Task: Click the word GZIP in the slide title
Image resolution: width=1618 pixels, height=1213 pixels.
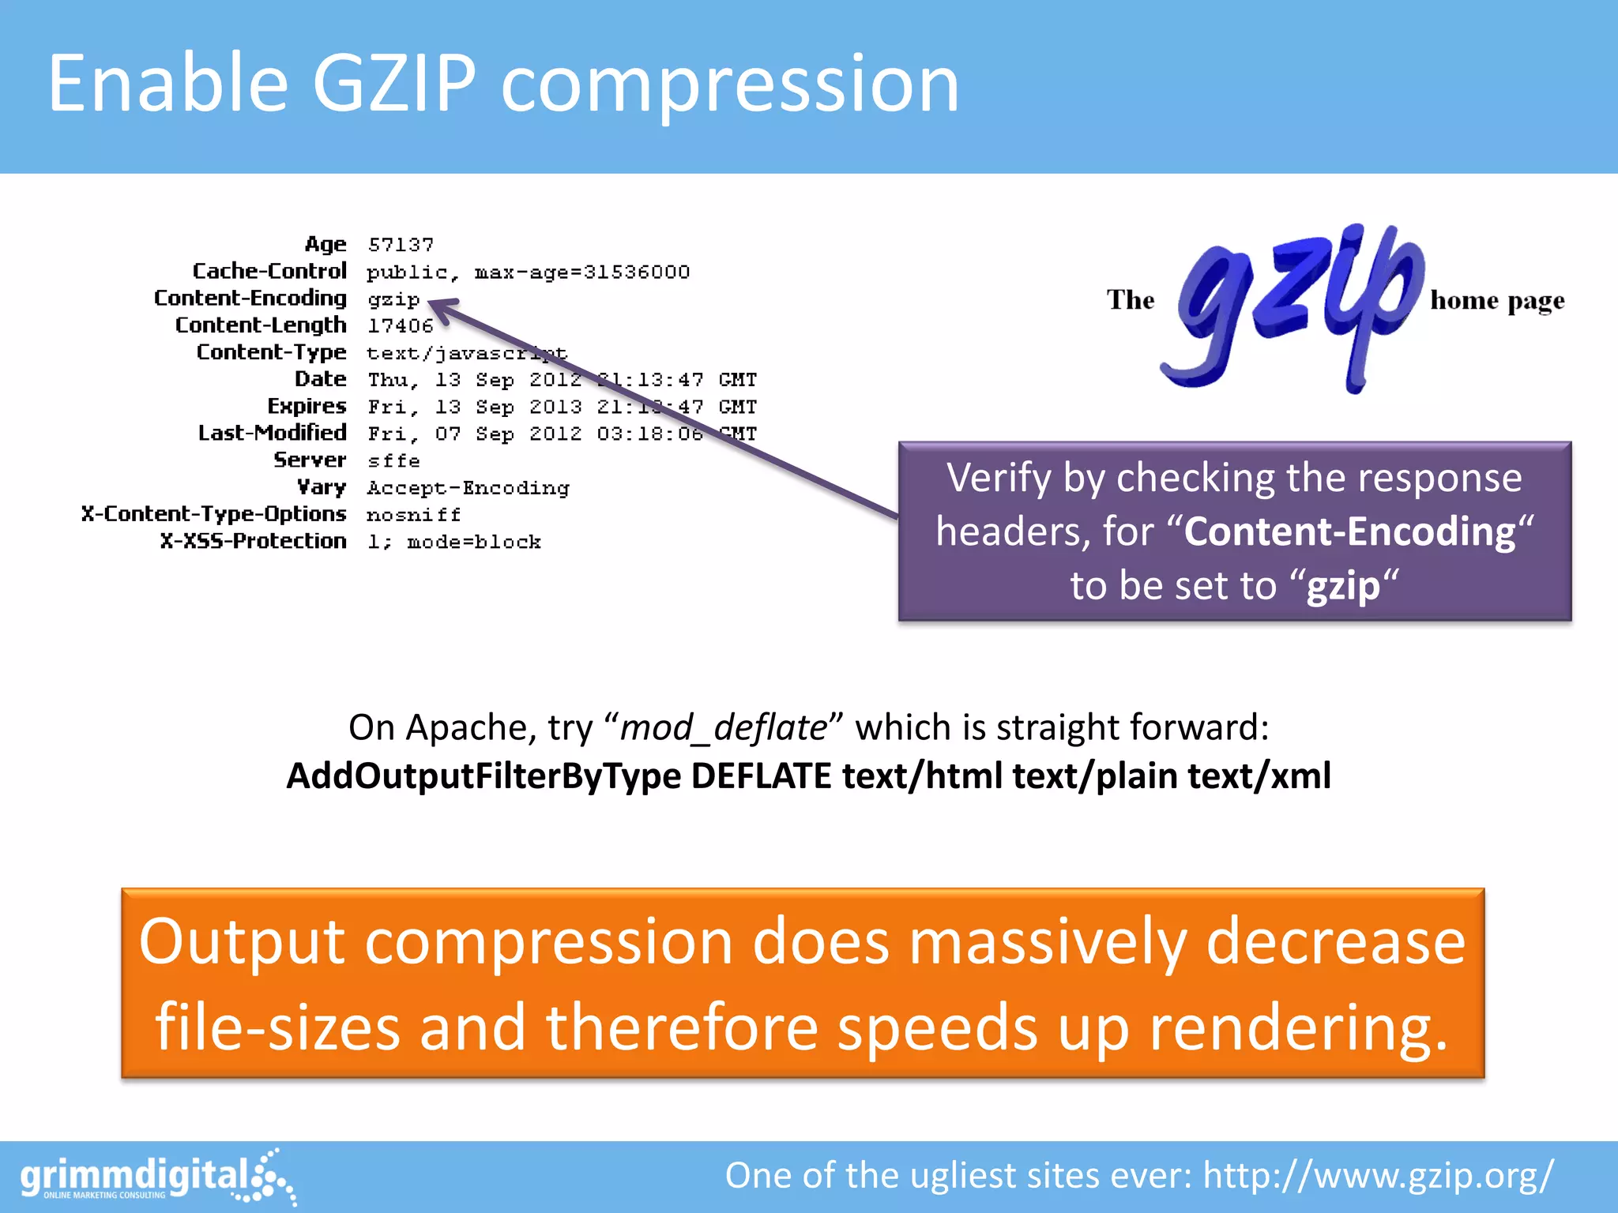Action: [x=393, y=84]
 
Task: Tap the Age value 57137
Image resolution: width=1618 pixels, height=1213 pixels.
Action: [x=401, y=245]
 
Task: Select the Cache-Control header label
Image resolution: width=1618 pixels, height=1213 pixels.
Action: [x=269, y=272]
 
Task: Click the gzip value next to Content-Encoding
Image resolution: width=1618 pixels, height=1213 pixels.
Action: [x=393, y=300]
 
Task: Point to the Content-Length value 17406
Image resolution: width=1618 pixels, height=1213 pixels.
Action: [x=401, y=326]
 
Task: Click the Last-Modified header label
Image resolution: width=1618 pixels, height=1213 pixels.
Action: [x=272, y=433]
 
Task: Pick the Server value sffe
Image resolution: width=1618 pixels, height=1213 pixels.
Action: [x=393, y=460]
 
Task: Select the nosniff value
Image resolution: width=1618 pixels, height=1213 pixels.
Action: [x=413, y=515]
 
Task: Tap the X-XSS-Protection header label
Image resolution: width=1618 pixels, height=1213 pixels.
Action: [x=253, y=541]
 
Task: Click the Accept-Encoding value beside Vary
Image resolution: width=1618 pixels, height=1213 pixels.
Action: [x=468, y=488]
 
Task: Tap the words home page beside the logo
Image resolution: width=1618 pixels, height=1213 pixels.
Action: [x=1496, y=301]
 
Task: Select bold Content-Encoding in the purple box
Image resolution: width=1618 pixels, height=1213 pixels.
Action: [x=1349, y=531]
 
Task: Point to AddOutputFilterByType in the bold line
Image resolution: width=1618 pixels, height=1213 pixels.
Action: [x=483, y=776]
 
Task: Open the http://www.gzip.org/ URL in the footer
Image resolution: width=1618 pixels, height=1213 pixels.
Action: [x=1378, y=1176]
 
